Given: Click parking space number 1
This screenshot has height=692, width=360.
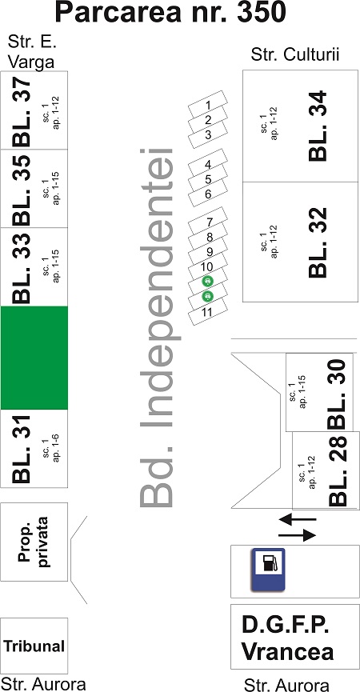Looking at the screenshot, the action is (x=208, y=104).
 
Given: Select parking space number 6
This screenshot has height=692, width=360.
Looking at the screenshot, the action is (x=208, y=194).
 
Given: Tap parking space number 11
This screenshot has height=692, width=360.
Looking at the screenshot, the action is (x=208, y=311).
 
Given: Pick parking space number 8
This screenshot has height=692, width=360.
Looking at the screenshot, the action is (x=208, y=237).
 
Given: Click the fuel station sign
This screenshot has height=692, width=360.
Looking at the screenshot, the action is (x=268, y=570).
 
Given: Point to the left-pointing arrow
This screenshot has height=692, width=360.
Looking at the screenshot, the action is (x=298, y=519).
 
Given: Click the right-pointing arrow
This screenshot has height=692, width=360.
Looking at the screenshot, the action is (x=298, y=535).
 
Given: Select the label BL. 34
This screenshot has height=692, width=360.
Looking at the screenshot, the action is (x=318, y=126).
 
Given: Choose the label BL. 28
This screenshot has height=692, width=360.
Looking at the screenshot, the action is (x=337, y=470).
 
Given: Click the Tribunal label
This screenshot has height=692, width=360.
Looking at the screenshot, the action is (x=34, y=646).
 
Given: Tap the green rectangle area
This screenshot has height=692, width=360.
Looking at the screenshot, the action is (x=34, y=358).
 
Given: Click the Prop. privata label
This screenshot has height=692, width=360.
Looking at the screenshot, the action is (x=34, y=542).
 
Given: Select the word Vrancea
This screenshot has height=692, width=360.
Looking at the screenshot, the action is (x=288, y=652).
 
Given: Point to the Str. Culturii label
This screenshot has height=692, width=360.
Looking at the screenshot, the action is (x=294, y=56).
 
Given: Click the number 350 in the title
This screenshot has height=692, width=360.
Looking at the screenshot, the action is (x=262, y=13).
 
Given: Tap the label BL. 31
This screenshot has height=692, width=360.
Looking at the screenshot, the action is (x=22, y=449).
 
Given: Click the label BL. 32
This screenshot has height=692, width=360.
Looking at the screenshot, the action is (x=318, y=242).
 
